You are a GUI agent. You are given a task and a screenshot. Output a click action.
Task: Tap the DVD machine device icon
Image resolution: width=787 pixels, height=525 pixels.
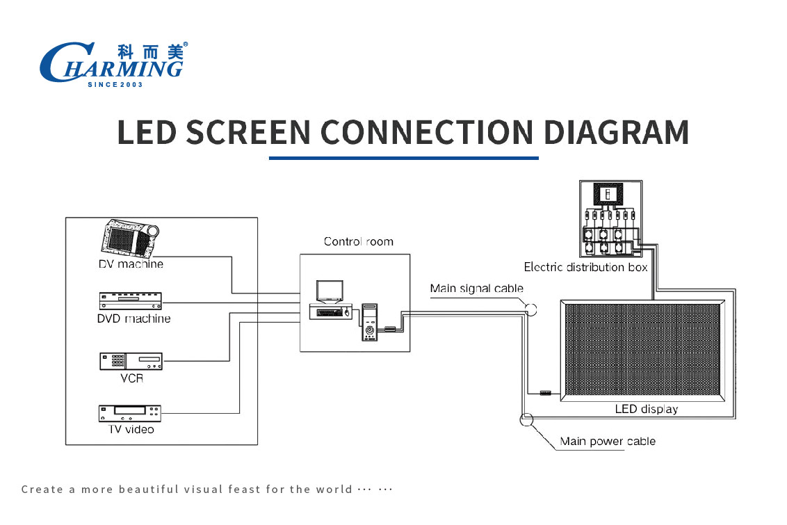coord(131,300)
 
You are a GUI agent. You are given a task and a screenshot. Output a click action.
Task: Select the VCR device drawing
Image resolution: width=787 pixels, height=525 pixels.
coord(131,362)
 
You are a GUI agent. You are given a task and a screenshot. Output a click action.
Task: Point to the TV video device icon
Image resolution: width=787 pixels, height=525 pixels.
coord(130,414)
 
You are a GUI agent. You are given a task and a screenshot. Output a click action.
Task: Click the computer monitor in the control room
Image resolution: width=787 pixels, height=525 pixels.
coord(330,291)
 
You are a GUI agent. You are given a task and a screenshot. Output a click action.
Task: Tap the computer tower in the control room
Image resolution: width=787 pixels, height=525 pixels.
coord(370,322)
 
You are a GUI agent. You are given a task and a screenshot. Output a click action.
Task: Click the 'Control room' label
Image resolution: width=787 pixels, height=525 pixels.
coord(358,241)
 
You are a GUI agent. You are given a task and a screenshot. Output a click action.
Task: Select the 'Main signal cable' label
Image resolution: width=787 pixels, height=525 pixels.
coord(476,289)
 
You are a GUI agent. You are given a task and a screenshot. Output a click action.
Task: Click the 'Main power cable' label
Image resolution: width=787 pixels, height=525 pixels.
coord(608,441)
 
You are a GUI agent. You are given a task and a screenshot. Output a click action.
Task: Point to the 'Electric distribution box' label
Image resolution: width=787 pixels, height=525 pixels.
coord(586,267)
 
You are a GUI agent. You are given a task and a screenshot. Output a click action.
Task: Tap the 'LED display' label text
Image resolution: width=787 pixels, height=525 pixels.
coord(647,409)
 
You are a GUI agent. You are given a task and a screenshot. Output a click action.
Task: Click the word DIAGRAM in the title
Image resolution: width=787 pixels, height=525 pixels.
coord(617,132)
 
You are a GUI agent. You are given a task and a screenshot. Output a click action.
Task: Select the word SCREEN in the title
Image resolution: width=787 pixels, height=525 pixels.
coord(248,132)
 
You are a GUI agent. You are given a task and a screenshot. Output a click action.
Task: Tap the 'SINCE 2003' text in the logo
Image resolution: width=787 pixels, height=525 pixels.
coord(115,84)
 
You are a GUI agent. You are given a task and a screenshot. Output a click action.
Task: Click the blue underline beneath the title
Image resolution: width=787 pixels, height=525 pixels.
coord(403,158)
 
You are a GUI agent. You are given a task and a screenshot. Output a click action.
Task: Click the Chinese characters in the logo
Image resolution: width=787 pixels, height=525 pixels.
coord(151,51)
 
